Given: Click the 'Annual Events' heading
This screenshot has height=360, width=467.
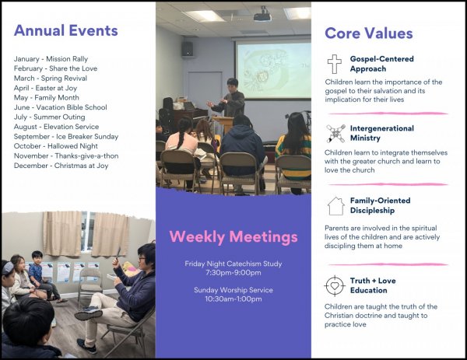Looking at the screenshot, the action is [66, 30].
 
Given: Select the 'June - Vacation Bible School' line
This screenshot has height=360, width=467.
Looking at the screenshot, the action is [60, 107].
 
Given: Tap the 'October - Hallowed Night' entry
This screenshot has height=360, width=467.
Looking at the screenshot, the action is [56, 146].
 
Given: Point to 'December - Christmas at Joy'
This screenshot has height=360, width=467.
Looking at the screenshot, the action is [61, 166].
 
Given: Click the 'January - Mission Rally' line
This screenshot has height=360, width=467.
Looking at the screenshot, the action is [51, 59].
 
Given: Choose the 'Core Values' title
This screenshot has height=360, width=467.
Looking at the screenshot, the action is [369, 33].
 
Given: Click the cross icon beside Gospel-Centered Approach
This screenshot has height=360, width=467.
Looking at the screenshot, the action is [335, 64].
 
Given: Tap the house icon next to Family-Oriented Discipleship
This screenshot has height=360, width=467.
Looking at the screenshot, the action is [336, 206].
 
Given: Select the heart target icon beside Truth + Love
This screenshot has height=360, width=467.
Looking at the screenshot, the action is [335, 285].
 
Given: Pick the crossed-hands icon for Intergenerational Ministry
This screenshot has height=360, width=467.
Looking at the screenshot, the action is [335, 133].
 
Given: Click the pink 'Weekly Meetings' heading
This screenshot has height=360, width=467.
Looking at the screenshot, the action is [233, 237].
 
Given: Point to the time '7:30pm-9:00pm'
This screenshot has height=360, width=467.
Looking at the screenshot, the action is [233, 273].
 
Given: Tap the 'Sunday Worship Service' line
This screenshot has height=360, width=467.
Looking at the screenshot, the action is [233, 290].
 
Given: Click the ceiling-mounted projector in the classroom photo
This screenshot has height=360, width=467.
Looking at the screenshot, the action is [262, 16].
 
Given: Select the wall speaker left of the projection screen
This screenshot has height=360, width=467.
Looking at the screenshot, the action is [188, 49].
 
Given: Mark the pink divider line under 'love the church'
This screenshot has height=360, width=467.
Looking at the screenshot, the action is [388, 184].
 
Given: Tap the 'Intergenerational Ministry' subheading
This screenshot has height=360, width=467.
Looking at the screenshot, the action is [382, 133].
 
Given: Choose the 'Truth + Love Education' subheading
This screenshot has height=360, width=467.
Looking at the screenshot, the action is [373, 285].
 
